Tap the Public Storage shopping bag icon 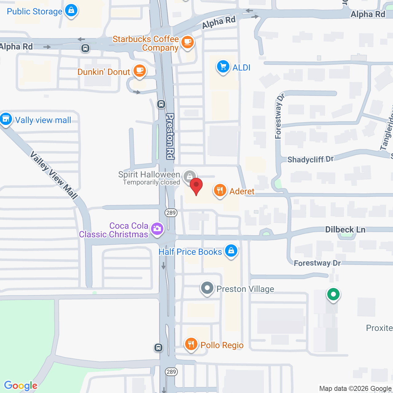click(x=71, y=10)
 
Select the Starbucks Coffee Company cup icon click(x=187, y=42)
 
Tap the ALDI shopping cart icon click(x=223, y=67)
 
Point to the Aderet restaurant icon click(x=220, y=190)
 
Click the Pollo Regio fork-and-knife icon click(x=191, y=344)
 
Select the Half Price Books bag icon click(x=231, y=251)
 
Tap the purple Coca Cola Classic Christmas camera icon click(x=157, y=229)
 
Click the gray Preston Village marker click(x=207, y=288)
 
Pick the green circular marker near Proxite click(x=333, y=294)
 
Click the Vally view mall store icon click(x=6, y=119)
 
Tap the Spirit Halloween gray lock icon click(x=190, y=176)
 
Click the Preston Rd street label click(x=170, y=136)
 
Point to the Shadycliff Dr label click(x=310, y=159)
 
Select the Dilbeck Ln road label click(x=345, y=230)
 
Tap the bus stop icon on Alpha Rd click(x=85, y=48)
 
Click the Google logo click(x=21, y=386)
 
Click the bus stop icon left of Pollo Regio click(x=158, y=348)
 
